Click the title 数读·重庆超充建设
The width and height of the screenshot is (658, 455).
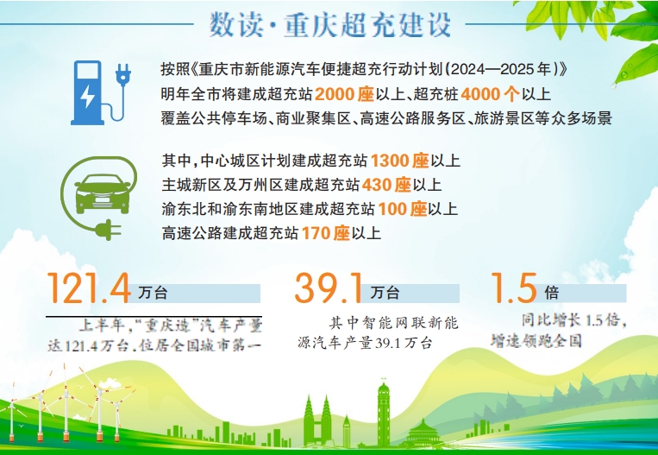pyautogui.click(x=330, y=25)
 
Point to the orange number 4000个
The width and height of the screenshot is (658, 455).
pyautogui.click(x=491, y=93)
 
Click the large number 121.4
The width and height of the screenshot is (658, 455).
pyautogui.click(x=89, y=289)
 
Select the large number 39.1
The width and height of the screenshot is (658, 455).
pyautogui.click(x=330, y=289)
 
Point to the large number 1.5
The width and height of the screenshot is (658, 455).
pyautogui.click(x=513, y=288)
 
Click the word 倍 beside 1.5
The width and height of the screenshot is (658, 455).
pyautogui.click(x=552, y=294)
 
